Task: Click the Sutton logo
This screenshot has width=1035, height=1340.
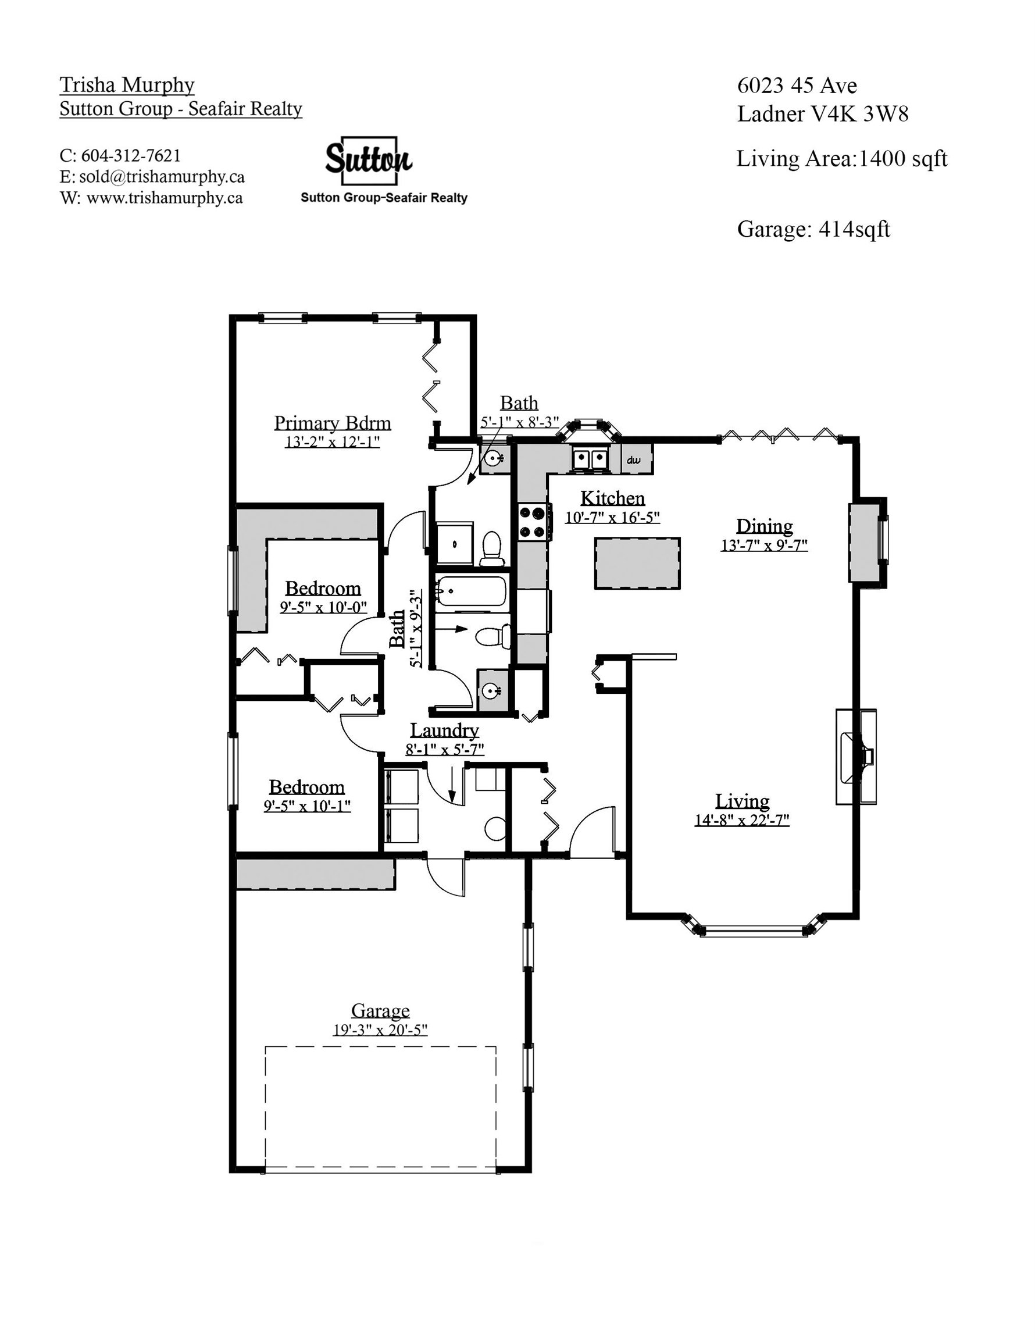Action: [x=368, y=161]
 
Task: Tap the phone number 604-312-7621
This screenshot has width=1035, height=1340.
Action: [x=131, y=156]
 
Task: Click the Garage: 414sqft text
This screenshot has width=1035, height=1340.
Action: [x=813, y=229]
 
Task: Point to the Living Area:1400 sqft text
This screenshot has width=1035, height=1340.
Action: [x=842, y=158]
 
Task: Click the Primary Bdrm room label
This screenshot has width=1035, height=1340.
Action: [x=332, y=423]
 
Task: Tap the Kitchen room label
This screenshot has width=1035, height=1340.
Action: [x=612, y=498]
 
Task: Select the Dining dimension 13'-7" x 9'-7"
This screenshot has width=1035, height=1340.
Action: [x=764, y=545]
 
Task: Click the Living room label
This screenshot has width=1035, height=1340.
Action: [x=742, y=801]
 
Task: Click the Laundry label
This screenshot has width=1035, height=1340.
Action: [x=444, y=730]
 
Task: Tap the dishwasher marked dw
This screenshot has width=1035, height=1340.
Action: [x=637, y=459]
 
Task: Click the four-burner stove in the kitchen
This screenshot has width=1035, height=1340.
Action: [x=533, y=521]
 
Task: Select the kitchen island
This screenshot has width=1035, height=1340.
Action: [x=637, y=563]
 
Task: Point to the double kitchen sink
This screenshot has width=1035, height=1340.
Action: [x=590, y=458]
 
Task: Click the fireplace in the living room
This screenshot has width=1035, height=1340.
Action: [x=856, y=757]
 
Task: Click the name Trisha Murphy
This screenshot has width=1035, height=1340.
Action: [x=127, y=85]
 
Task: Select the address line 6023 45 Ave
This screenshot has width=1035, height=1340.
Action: [x=797, y=85]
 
